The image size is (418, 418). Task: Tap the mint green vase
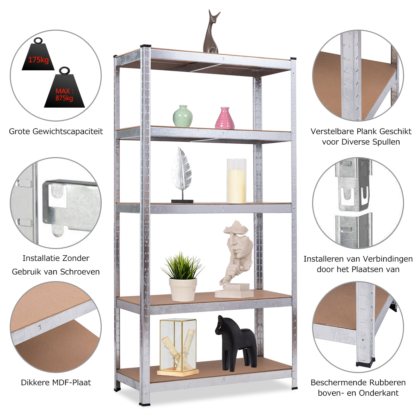(183, 116)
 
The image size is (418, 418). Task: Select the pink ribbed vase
(225, 118)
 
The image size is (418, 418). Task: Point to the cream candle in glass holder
(237, 181)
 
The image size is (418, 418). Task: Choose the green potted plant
(183, 277)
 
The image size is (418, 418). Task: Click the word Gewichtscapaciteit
(68, 131)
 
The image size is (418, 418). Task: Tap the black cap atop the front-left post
(146, 46)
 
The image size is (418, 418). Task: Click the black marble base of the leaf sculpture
(182, 201)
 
